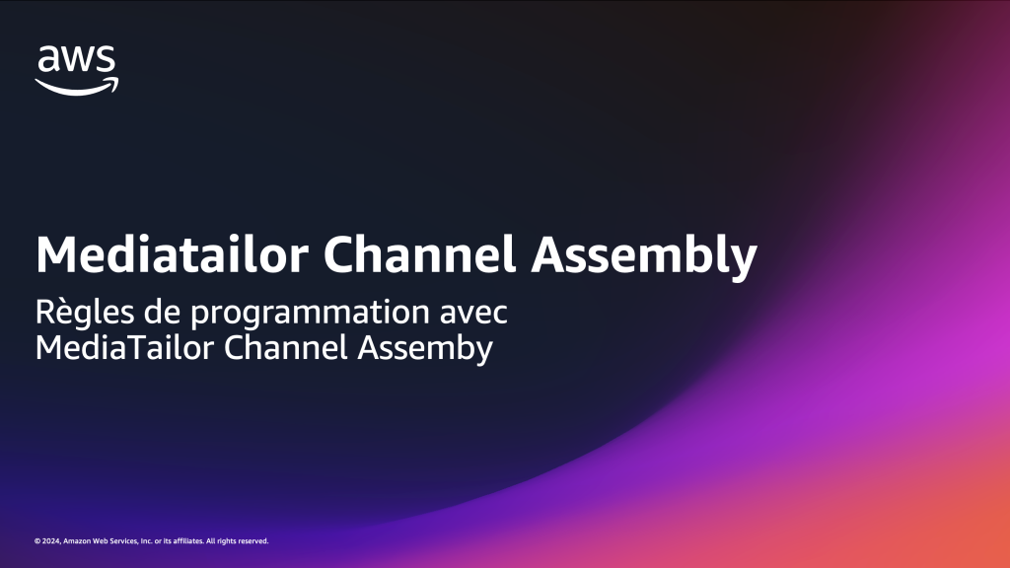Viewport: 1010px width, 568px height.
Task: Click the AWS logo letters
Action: coord(77,59)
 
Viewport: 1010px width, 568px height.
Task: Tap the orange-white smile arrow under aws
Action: coord(77,87)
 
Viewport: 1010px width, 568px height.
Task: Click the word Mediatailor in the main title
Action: coord(172,254)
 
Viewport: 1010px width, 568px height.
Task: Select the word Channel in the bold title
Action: coord(419,254)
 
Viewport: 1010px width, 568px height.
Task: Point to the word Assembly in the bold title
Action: coord(643,257)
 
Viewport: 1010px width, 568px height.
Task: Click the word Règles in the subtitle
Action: coord(85,313)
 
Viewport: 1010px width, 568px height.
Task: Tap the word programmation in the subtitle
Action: coord(310,314)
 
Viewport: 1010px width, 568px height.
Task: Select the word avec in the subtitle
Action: coord(473,314)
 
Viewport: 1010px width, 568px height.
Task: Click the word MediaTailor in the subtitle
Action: coord(124,347)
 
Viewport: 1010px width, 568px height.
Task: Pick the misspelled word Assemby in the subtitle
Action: coord(425,349)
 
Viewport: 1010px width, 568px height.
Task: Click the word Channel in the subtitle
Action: coord(285,347)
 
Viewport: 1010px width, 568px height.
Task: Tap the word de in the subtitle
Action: coord(162,313)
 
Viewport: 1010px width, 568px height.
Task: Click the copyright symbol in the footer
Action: coord(37,541)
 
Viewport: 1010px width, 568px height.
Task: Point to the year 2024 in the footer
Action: coord(51,541)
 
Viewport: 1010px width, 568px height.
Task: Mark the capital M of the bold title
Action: coord(55,255)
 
